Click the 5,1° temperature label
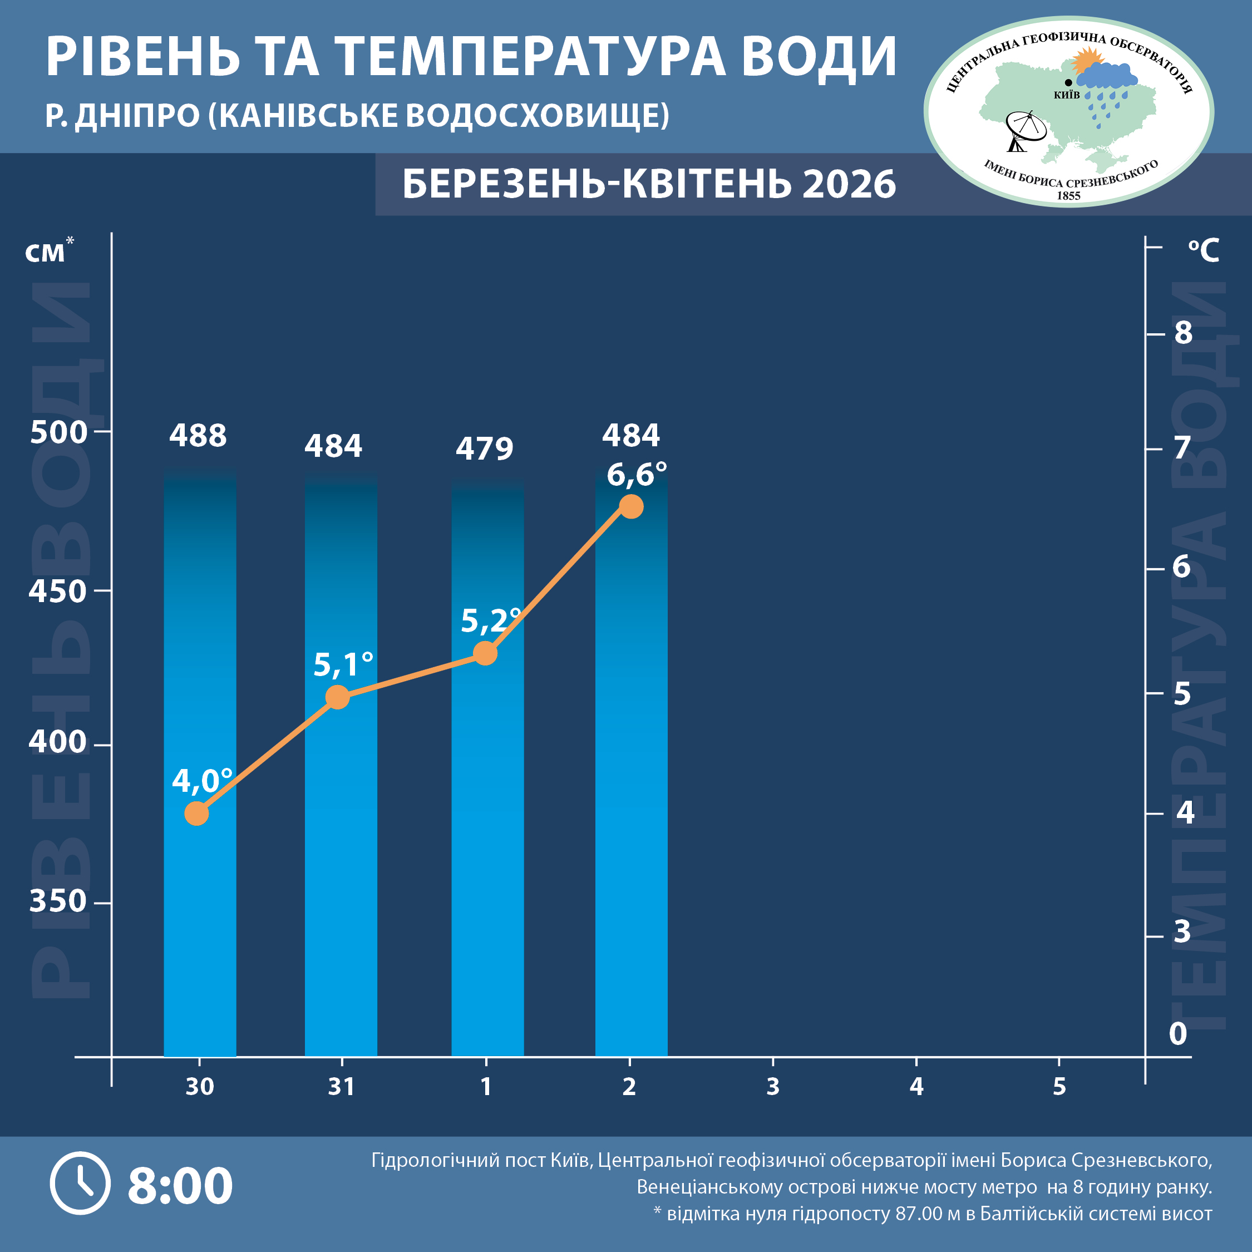pos(343,665)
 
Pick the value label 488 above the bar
pos(198,436)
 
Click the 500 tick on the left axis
pos(58,432)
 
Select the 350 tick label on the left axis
pos(58,901)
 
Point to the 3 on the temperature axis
pos(1182,932)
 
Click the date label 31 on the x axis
pos(342,1087)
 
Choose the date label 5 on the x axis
pos(1059,1087)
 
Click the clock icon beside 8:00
pos(80,1184)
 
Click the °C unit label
pos(1204,251)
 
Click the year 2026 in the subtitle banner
pos(849,185)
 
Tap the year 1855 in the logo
pos(1068,196)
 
